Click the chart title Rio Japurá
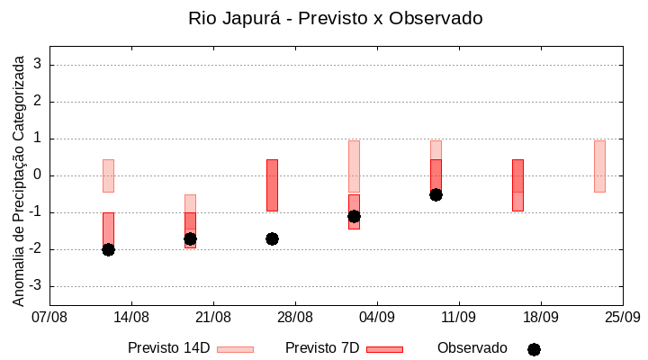click(x=335, y=18)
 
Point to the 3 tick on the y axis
click(x=38, y=65)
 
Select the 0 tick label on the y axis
click(x=38, y=175)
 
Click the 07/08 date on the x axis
click(x=49, y=317)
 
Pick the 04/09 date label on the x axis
click(x=377, y=317)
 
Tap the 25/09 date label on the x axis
click(x=623, y=317)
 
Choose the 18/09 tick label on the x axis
click(x=541, y=317)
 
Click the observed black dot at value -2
click(x=108, y=249)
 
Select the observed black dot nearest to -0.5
click(x=436, y=194)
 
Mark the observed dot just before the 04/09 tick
click(x=354, y=216)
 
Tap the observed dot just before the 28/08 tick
click(x=272, y=238)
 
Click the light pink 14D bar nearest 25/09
click(x=599, y=166)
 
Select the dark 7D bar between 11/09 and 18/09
click(x=517, y=184)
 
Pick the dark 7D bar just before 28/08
click(x=272, y=184)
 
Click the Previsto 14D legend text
click(x=168, y=348)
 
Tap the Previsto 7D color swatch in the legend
click(x=384, y=349)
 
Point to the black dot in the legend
click(x=534, y=349)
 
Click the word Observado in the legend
click(x=472, y=348)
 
